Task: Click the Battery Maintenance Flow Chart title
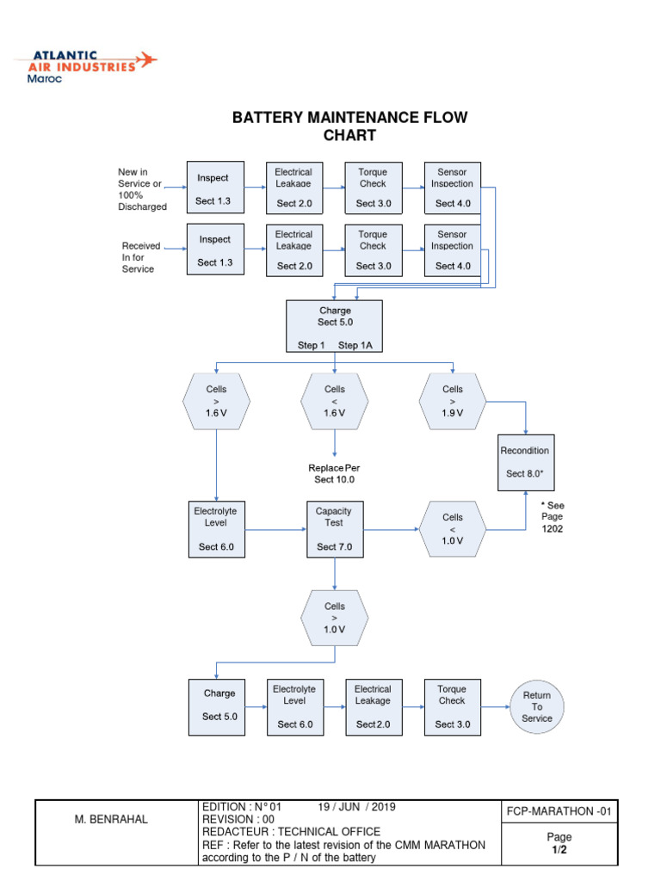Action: (x=349, y=126)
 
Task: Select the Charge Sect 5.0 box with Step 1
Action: (x=334, y=327)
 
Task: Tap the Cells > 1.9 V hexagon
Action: (x=453, y=401)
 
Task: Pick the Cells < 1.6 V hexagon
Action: (x=335, y=401)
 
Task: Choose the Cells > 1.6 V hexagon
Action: (x=216, y=401)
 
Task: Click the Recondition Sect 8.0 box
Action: (x=526, y=462)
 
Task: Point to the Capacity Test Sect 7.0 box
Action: (x=334, y=528)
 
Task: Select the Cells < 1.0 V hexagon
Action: (x=453, y=529)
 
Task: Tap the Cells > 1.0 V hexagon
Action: (x=335, y=618)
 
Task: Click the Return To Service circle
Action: (x=537, y=706)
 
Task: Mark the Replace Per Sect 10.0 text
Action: (x=334, y=473)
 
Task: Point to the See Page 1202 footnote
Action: (x=552, y=517)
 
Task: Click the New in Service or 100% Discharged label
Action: (x=142, y=189)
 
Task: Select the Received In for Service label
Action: (x=140, y=257)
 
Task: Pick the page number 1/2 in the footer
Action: (x=559, y=850)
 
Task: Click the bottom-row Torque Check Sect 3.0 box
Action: (x=452, y=706)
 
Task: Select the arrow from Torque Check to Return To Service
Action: (x=495, y=706)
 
